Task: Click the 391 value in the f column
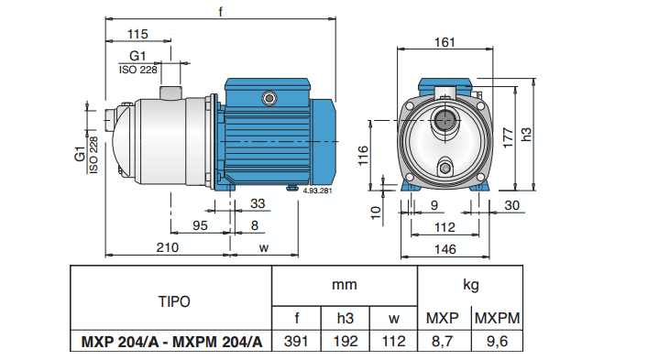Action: point(297,343)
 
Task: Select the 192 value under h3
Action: point(346,343)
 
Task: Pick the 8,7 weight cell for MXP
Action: point(444,343)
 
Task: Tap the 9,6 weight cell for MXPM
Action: point(496,343)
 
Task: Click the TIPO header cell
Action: point(172,300)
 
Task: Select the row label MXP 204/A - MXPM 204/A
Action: point(171,343)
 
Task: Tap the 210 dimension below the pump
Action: point(166,247)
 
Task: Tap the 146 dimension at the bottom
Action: point(444,248)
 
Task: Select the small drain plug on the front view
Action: point(445,167)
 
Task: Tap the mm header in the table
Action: point(345,285)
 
